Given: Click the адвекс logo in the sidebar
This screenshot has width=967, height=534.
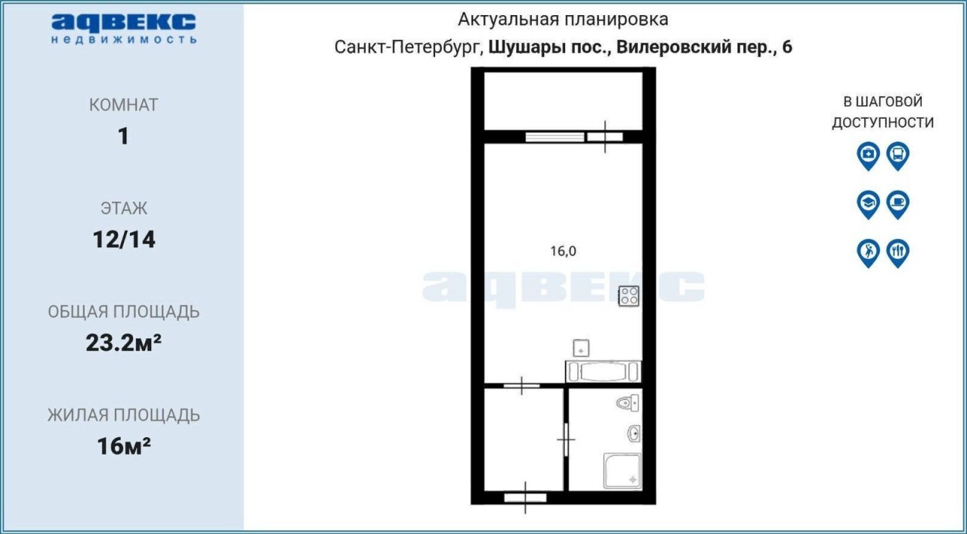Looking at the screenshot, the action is tap(123, 29).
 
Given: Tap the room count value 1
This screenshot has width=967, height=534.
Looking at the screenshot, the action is tap(123, 136).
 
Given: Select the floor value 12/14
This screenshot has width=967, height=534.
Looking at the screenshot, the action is tap(124, 239).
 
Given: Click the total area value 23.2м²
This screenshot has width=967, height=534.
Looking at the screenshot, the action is tap(123, 343).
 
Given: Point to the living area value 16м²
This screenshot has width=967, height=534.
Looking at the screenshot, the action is tap(124, 446).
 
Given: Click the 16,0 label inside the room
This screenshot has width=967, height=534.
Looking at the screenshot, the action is tap(563, 251).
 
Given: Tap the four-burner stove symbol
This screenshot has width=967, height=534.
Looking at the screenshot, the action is tap(629, 296).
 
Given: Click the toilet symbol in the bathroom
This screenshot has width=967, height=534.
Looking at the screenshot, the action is tap(628, 403).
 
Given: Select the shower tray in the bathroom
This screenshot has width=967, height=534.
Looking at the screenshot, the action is tap(622, 471).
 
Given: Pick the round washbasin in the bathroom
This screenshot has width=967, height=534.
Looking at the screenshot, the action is tap(634, 433).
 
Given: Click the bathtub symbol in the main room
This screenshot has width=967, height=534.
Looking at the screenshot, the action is tap(603, 371).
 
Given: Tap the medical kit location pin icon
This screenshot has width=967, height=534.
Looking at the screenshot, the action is tap(868, 156).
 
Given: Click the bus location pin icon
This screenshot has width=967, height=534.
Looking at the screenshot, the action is tap(898, 156).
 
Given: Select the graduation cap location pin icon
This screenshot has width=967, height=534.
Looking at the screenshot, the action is tap(868, 205).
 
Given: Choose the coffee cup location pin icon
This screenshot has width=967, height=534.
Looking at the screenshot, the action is tap(898, 205).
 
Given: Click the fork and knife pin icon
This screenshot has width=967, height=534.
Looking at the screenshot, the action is tap(898, 253).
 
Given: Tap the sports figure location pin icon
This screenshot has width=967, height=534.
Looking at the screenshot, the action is tap(868, 253).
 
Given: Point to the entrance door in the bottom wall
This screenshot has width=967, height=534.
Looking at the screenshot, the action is tap(525, 498).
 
